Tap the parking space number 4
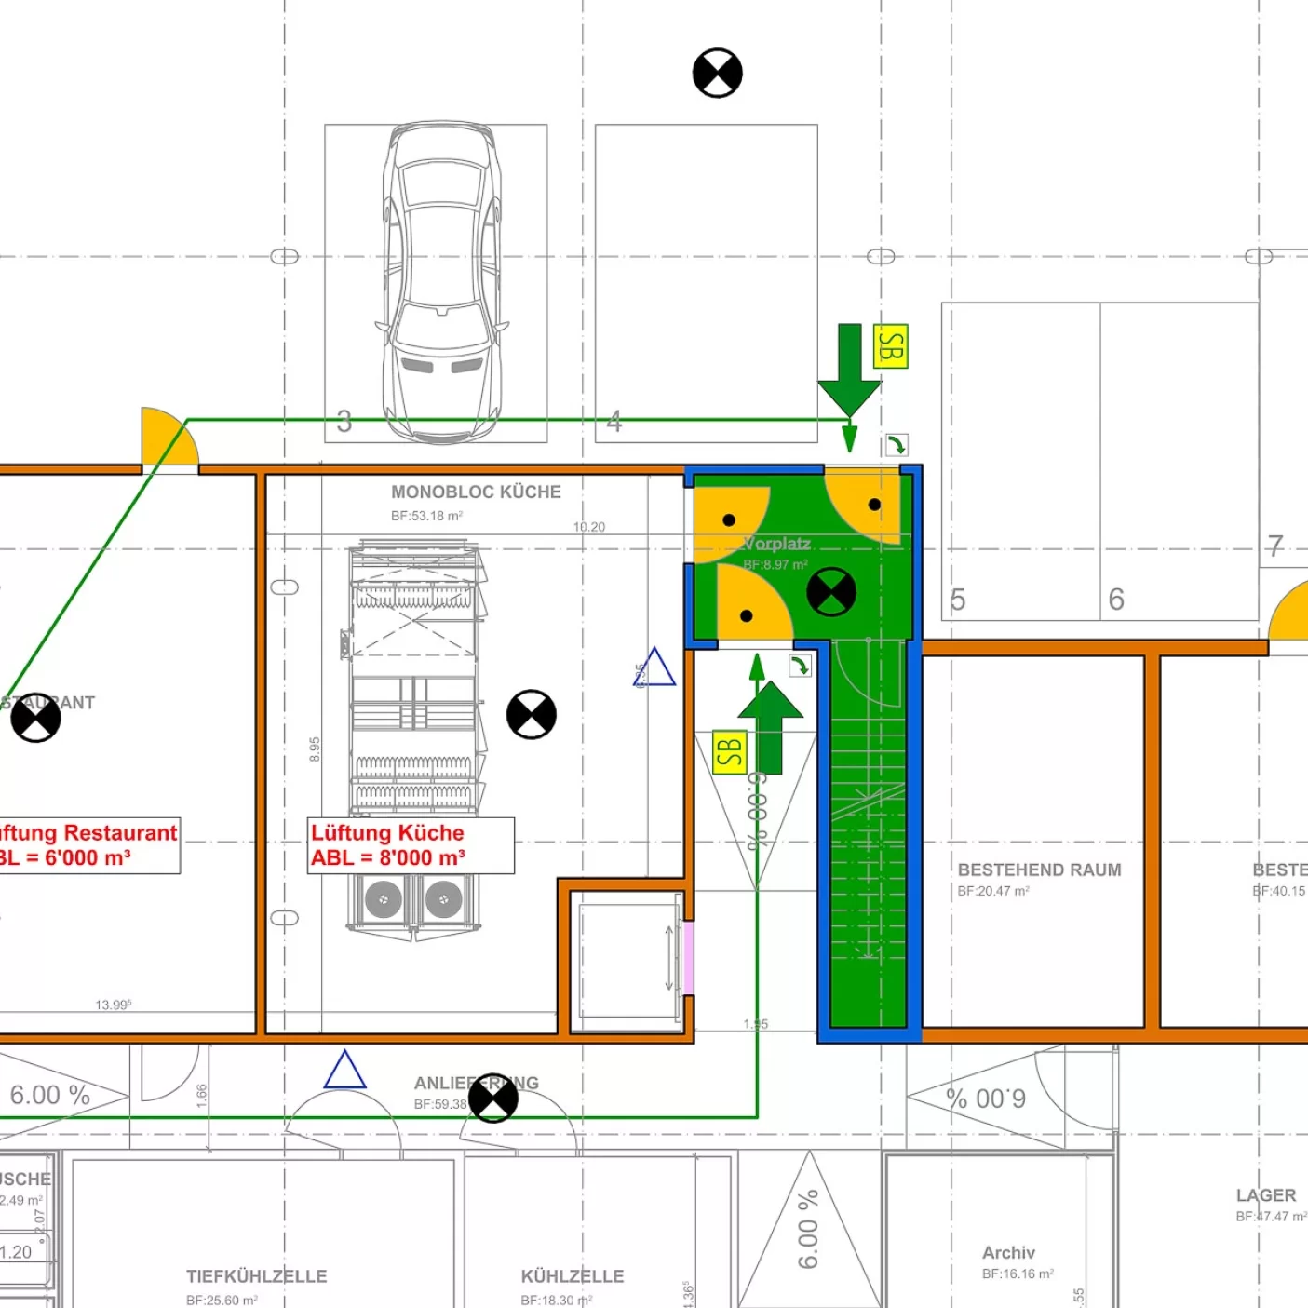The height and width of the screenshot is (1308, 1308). point(614,422)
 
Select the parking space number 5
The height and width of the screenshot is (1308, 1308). point(957,600)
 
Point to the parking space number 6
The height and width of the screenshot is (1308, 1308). point(1116,600)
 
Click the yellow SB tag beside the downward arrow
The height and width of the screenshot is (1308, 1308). point(890,346)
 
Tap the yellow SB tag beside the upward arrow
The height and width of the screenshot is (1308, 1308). point(730,752)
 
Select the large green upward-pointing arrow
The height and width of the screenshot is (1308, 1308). point(771,726)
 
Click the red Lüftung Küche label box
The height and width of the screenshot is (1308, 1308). point(411,845)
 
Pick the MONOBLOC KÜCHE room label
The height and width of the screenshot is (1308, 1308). point(476,492)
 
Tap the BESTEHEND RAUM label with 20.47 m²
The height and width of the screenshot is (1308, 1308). point(1039,870)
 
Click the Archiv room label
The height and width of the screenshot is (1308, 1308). point(1008,1253)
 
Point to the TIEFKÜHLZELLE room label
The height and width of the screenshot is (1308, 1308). point(256,1276)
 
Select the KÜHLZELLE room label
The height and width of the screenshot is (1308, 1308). point(573,1276)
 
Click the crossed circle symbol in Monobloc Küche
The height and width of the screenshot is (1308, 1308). point(532,714)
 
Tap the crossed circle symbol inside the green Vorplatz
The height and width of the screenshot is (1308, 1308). point(831,592)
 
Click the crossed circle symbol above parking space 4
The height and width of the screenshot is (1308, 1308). point(718,73)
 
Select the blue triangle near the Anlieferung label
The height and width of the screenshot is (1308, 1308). point(344,1071)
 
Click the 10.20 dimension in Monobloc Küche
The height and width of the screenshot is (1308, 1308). point(588,527)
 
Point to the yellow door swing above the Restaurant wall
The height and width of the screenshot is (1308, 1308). point(168,438)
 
